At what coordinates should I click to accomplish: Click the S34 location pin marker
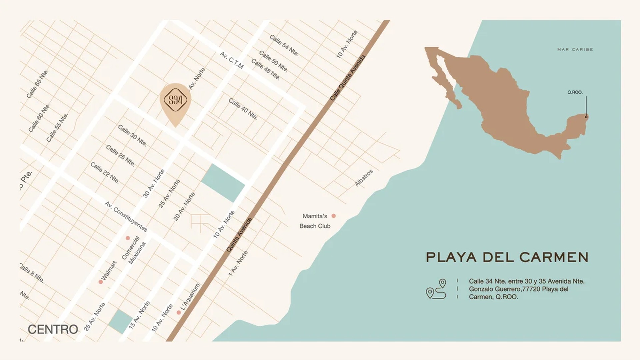tap(175, 100)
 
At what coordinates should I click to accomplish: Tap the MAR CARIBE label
tap(575, 49)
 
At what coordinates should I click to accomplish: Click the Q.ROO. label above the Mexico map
tap(575, 92)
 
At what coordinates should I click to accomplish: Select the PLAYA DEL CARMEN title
tap(507, 257)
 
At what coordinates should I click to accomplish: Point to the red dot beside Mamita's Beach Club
tap(333, 216)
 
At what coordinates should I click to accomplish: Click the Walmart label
tap(109, 270)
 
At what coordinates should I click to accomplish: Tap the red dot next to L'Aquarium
tap(179, 312)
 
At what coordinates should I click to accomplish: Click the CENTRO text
tap(53, 329)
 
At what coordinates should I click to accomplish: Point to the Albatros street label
tap(364, 178)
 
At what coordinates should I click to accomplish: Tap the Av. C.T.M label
tap(232, 60)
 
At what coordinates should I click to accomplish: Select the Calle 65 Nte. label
tap(38, 84)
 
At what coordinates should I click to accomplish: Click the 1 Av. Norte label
tap(238, 264)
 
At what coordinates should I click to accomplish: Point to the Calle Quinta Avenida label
tap(348, 78)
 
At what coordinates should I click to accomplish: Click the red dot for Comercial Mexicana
tap(128, 238)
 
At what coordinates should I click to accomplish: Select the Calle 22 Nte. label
tap(105, 173)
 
